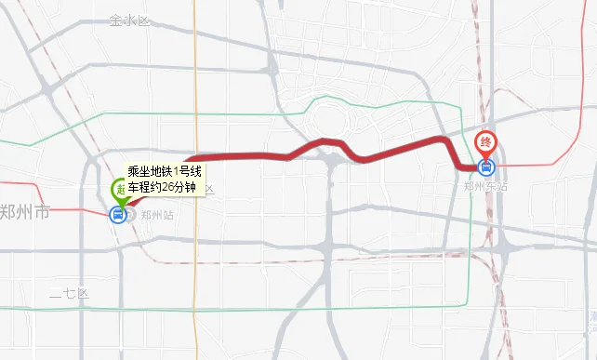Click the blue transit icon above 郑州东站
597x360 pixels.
[484, 167]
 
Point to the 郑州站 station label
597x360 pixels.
[157, 215]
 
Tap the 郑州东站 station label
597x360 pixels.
[485, 186]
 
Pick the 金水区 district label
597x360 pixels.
[128, 20]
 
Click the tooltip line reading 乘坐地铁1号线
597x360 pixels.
[165, 172]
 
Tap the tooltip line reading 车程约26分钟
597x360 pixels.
[165, 187]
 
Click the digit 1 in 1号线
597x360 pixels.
[177, 172]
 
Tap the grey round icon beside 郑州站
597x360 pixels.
[131, 215]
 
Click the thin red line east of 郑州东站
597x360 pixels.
[549, 165]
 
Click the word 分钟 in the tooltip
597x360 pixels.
[190, 187]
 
